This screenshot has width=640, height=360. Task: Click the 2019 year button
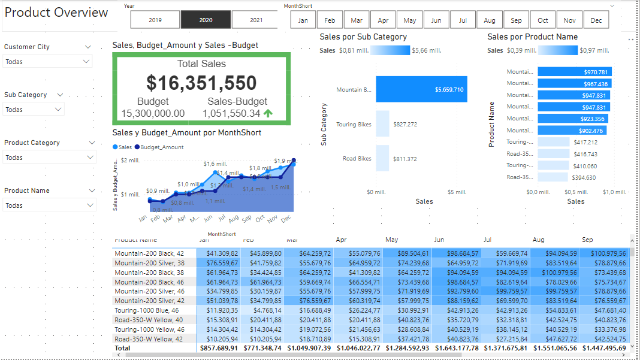coord(155,20)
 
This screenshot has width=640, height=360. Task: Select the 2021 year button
coord(256,20)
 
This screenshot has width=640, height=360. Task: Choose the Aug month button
coord(490,20)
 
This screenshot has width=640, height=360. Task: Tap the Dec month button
coord(596,20)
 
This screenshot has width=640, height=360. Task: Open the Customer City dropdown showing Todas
coord(48,62)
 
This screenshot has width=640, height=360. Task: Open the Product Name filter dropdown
coord(48,205)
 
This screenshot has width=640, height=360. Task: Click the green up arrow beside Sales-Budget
coord(268,113)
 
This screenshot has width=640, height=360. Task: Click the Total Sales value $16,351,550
coord(201,83)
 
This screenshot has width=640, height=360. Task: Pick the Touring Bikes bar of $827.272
coord(382,125)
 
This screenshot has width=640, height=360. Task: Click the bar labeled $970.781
coord(574,72)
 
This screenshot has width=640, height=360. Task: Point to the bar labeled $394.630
coord(552,177)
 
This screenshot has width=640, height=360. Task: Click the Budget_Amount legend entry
coord(159,147)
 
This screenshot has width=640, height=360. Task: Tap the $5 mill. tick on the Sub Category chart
coord(457,192)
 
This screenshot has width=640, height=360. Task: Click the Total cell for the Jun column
coord(457,348)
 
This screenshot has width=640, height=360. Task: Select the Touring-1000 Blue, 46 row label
coord(147,310)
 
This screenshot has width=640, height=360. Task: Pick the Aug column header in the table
coord(538,240)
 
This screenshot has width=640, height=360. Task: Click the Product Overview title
coord(56,13)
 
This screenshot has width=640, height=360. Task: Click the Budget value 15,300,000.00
coord(153,113)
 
